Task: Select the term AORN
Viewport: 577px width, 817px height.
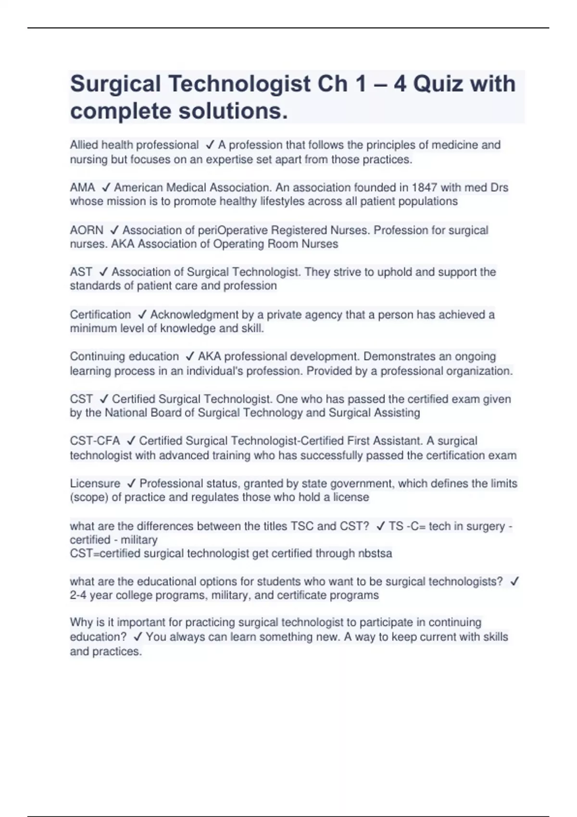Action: pos(87,230)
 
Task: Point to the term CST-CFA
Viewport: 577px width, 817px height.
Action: pos(95,441)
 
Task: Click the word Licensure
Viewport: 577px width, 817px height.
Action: pos(95,483)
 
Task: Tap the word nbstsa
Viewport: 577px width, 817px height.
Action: pos(375,553)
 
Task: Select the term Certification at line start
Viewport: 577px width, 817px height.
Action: pos(100,314)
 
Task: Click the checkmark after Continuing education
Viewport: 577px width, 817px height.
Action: pos(189,356)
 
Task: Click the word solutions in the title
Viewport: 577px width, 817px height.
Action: pos(233,111)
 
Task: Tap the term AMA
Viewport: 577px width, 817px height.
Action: pos(82,187)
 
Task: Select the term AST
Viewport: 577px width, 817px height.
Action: pos(81,272)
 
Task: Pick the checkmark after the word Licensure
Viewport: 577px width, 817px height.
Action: pos(130,483)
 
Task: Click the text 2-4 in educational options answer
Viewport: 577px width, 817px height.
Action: pos(79,595)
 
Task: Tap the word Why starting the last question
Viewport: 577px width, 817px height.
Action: pos(81,622)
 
